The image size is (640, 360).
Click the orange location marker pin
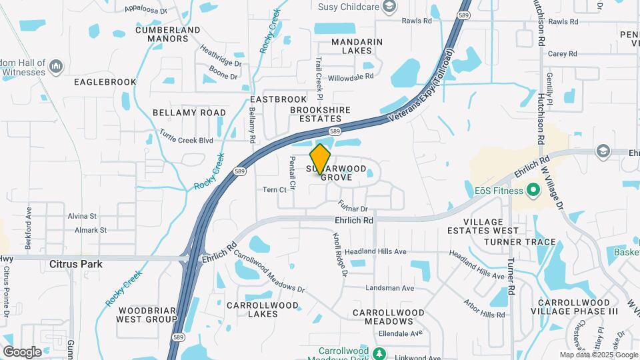321,159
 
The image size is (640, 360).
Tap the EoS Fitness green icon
533,191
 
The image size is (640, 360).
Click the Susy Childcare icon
389,7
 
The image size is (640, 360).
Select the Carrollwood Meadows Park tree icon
379,352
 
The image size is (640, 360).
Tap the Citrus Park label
76,264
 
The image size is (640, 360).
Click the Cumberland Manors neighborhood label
167,35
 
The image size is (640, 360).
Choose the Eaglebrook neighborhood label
105,82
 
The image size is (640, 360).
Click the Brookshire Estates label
315,113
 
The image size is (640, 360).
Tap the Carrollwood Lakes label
261,309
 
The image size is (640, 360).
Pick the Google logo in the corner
22,351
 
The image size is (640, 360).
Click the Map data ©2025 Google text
598,355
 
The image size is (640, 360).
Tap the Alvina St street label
82,216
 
